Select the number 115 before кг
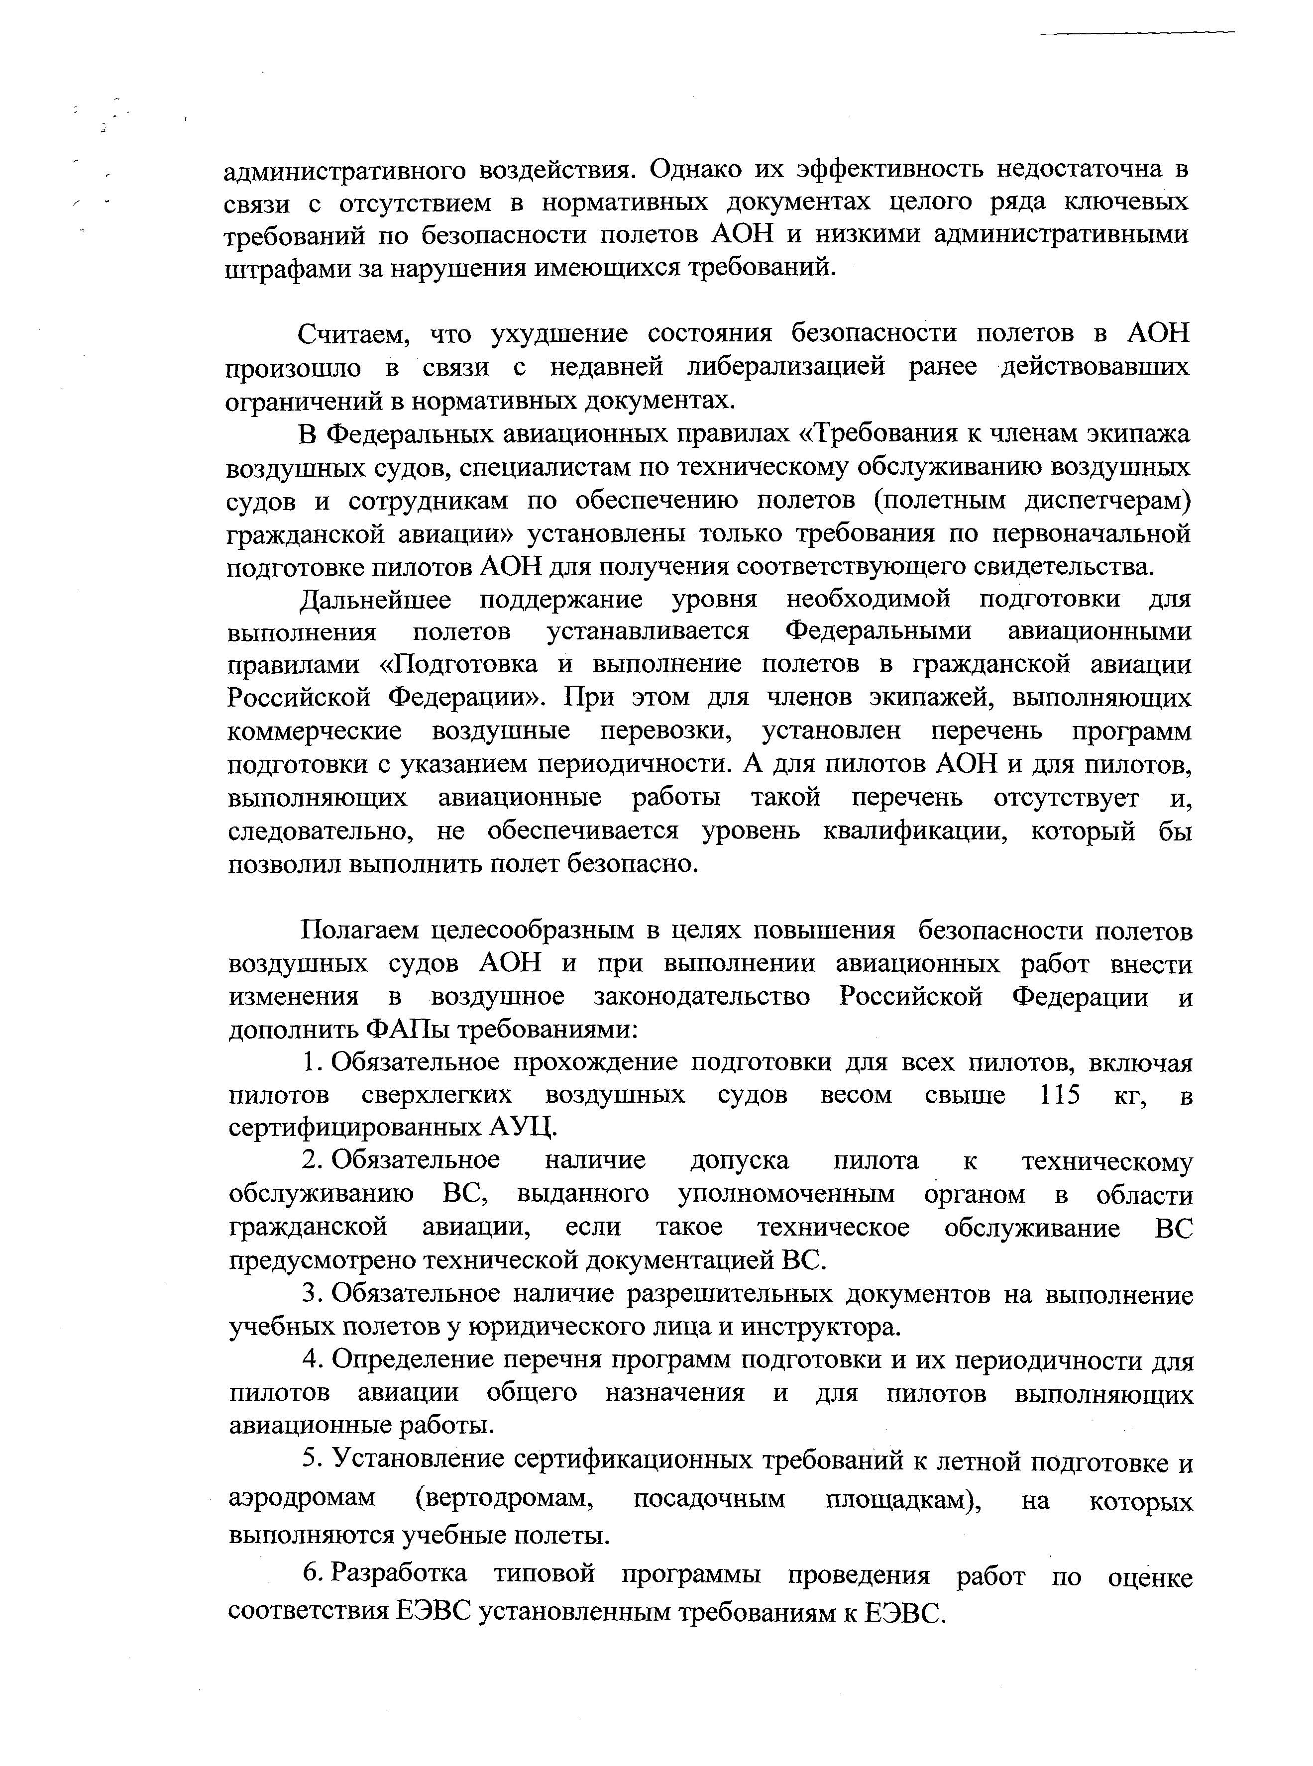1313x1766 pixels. tap(1060, 1096)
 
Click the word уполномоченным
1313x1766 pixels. tap(786, 1195)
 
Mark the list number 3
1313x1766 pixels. tap(310, 1295)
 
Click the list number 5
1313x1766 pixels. tap(310, 1460)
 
